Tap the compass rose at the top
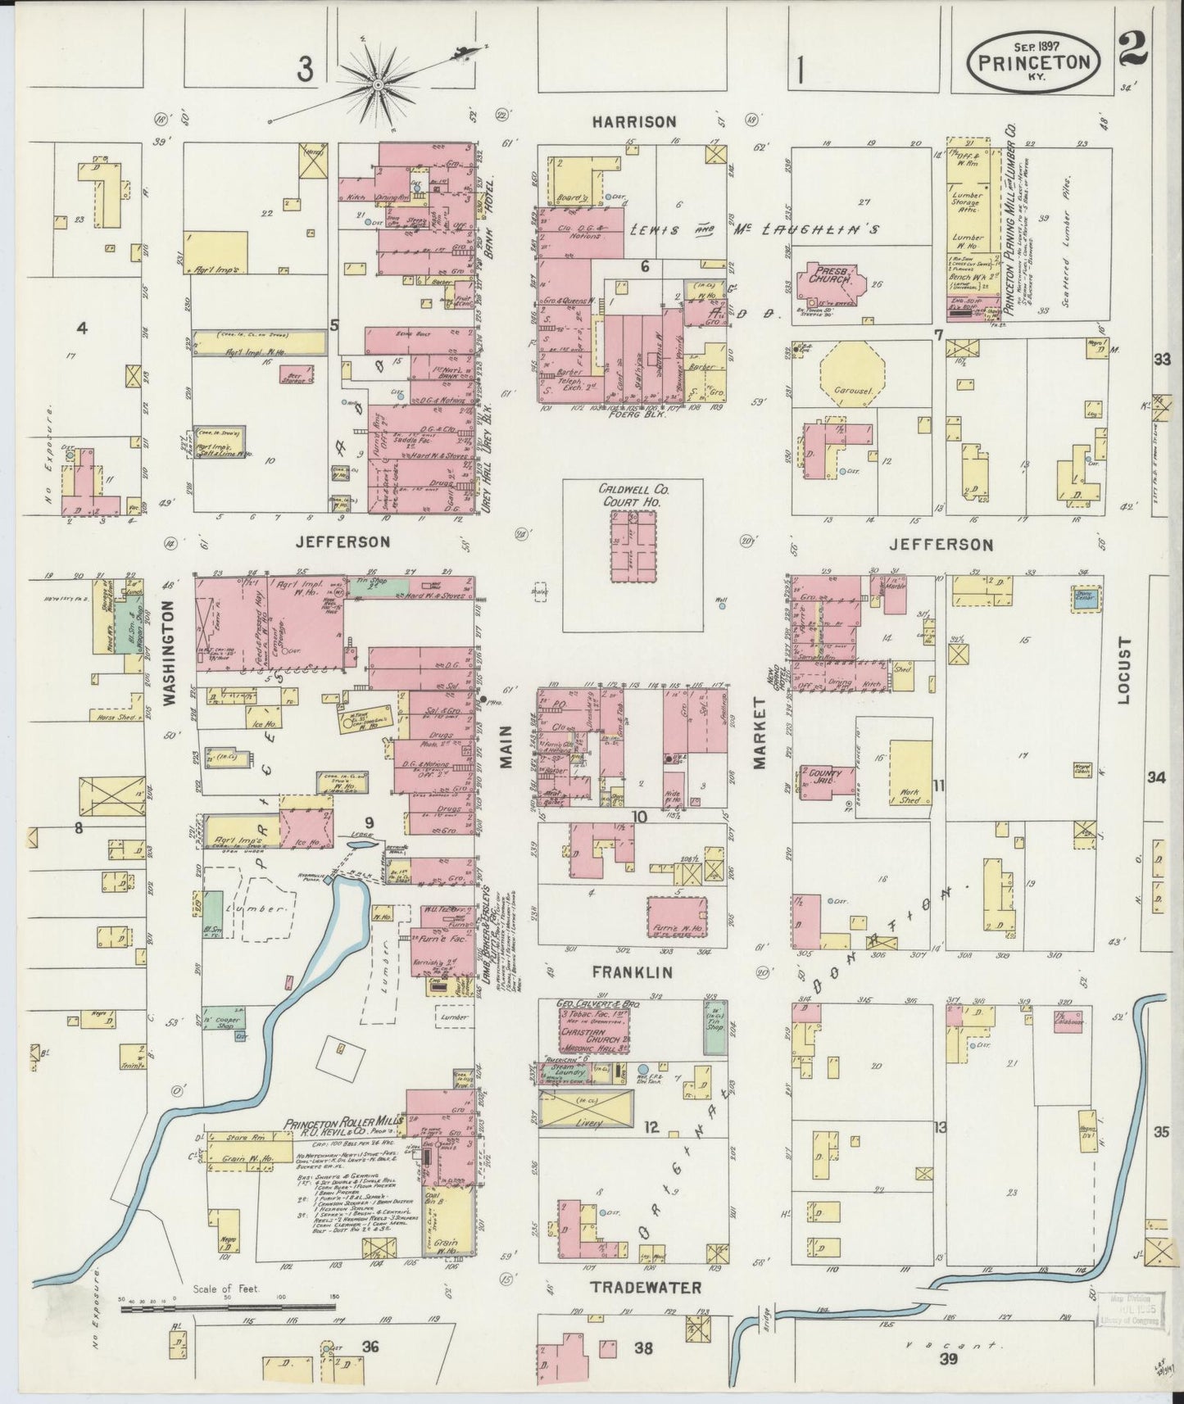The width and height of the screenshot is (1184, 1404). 379,84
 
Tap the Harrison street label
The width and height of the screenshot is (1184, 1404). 635,122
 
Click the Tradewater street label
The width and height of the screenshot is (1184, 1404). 647,1287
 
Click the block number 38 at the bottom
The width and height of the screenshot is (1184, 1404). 643,1347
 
